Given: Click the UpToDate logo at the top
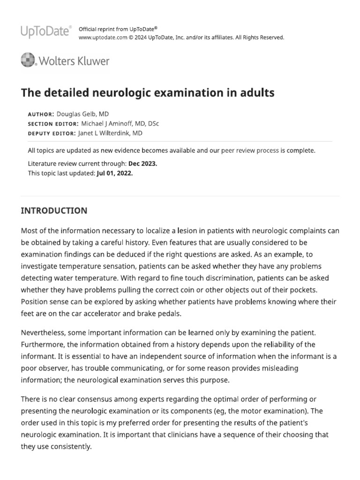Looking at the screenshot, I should click(x=46, y=32).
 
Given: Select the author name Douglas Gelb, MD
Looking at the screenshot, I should click(x=83, y=114).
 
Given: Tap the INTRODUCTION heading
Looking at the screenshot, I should click(x=54, y=210).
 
